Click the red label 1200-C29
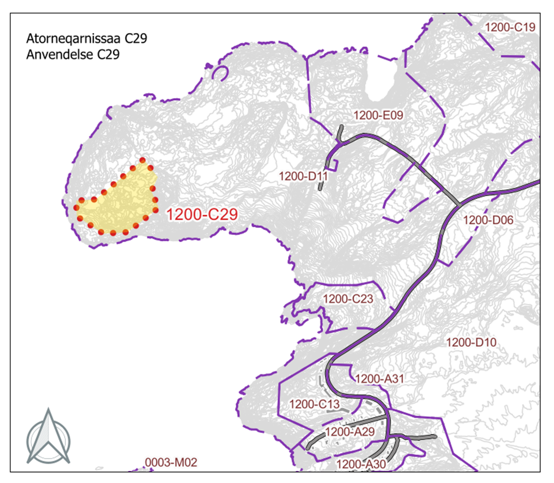pyautogui.click(x=202, y=215)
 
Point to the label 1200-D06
pyautogui.click(x=488, y=220)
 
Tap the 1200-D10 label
pyautogui.click(x=471, y=342)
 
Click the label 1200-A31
pyautogui.click(x=381, y=378)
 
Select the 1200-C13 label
pyautogui.click(x=313, y=403)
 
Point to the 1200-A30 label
pyautogui.click(x=361, y=464)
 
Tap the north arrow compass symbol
pyautogui.click(x=48, y=436)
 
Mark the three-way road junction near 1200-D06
pyautogui.click(x=457, y=205)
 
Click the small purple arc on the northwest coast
pyautogui.click(x=221, y=72)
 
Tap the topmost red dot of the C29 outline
pyautogui.click(x=142, y=160)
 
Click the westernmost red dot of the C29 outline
pyautogui.click(x=76, y=208)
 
